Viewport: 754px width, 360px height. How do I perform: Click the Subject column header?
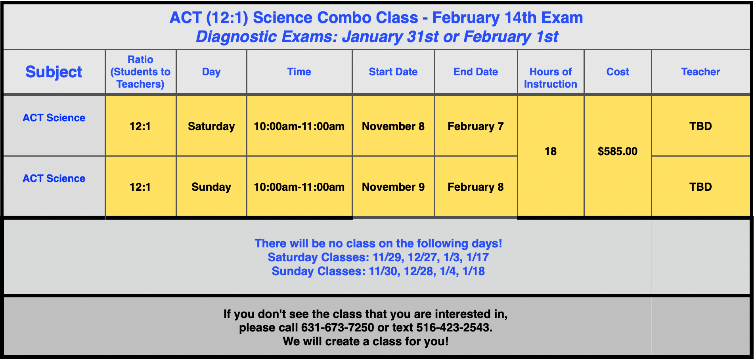pyautogui.click(x=54, y=72)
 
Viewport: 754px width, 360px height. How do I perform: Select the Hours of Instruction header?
pyautogui.click(x=550, y=78)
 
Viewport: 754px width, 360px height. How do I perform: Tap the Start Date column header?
pyautogui.click(x=393, y=72)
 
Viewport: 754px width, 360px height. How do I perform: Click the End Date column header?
pyautogui.click(x=476, y=72)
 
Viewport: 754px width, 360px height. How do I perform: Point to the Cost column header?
pyautogui.click(x=618, y=72)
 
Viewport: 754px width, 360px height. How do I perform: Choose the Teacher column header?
pyautogui.click(x=700, y=72)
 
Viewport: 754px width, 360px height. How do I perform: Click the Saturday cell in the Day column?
pyautogui.click(x=211, y=126)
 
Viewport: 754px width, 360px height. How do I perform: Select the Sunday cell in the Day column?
pyautogui.click(x=211, y=187)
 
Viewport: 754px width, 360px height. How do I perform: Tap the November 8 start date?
pyautogui.click(x=393, y=126)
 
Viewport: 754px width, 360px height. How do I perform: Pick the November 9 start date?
pyautogui.click(x=393, y=187)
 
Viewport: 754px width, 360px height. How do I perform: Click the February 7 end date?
pyautogui.click(x=476, y=126)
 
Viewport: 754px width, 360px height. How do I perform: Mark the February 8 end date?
pyautogui.click(x=476, y=187)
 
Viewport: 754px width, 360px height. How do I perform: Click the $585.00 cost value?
pyautogui.click(x=618, y=151)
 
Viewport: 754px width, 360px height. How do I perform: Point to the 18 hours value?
pyautogui.click(x=550, y=151)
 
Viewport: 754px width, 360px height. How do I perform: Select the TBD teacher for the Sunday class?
pyautogui.click(x=700, y=187)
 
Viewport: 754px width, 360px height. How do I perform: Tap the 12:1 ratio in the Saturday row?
pyautogui.click(x=140, y=126)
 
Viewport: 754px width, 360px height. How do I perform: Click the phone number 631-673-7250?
pyautogui.click(x=338, y=328)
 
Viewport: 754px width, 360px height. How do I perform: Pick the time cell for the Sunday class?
pyautogui.click(x=299, y=187)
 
